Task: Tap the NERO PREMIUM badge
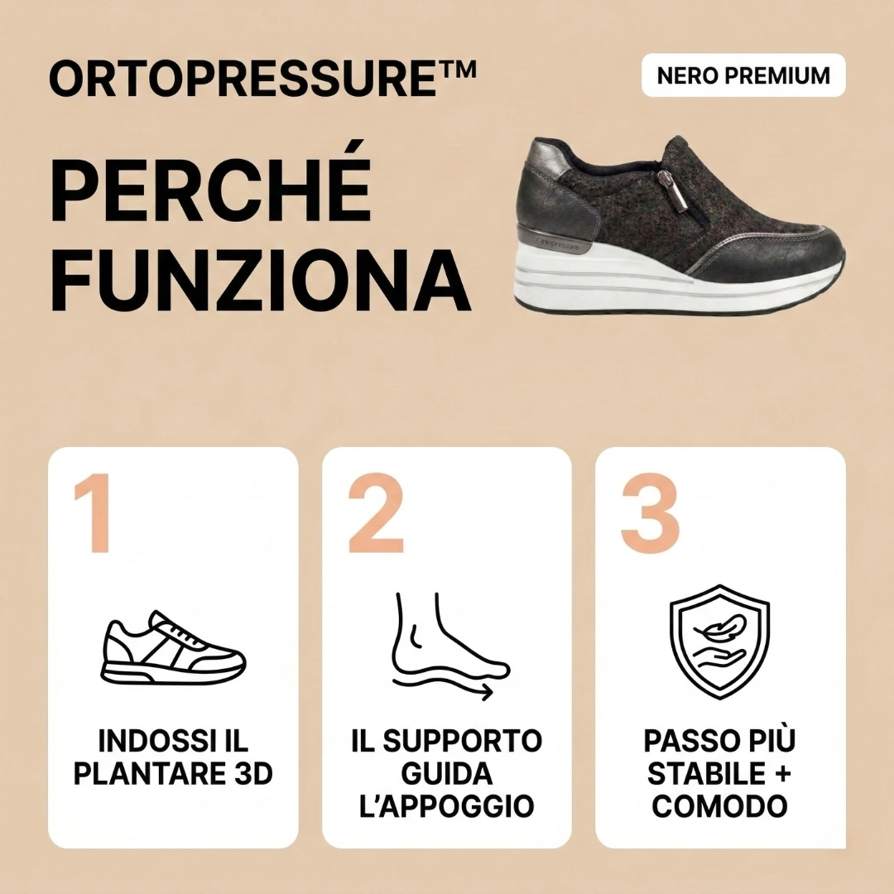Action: (743, 75)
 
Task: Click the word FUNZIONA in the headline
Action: (260, 274)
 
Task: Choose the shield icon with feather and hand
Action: (719, 642)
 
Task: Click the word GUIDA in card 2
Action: (446, 774)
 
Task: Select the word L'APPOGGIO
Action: (446, 806)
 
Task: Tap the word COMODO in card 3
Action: (719, 806)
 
